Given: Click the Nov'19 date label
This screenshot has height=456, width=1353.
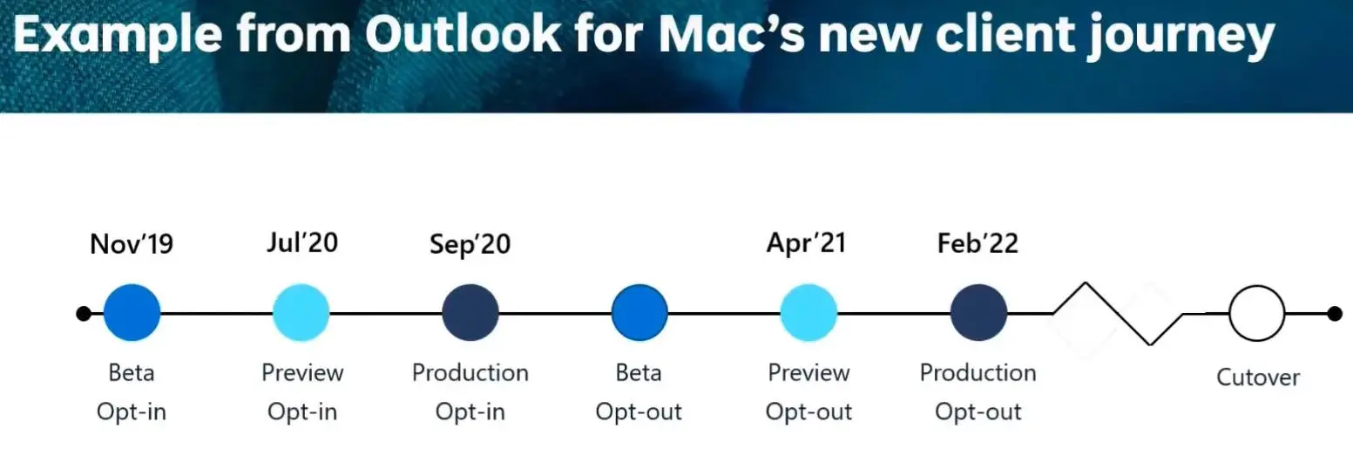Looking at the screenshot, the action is point(132,244).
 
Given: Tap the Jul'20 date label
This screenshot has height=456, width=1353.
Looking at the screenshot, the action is point(302,242).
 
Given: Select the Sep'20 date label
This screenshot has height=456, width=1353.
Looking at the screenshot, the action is point(470,245).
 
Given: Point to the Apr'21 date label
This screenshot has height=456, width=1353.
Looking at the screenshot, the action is point(807,243).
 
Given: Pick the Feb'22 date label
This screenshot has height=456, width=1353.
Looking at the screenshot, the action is point(978,243).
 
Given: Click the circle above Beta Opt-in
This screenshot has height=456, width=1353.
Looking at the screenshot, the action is point(132,313).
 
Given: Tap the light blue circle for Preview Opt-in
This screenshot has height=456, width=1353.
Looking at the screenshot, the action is point(301,313).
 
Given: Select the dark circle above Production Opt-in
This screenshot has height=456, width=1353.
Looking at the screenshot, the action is point(470,313).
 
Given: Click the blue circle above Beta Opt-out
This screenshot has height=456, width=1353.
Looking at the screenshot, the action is point(639,313).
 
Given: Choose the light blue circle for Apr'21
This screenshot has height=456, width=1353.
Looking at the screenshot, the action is point(808,313).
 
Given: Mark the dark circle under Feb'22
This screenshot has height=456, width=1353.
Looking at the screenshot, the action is point(978,313).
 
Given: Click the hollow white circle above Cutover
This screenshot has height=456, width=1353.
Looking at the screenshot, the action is point(1257,287).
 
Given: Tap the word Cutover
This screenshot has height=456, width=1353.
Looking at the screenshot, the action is point(1258,378).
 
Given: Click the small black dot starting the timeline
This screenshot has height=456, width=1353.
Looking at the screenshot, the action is point(84,314).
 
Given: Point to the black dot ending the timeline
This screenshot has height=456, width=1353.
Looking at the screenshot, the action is point(1335,314).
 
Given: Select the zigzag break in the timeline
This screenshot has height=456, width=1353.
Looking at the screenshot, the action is point(1118,313).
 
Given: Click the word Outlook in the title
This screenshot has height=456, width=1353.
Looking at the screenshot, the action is point(463,34).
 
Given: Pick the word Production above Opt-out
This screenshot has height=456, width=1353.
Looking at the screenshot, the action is point(978,372).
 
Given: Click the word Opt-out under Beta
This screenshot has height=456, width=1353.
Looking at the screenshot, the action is point(639,412).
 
